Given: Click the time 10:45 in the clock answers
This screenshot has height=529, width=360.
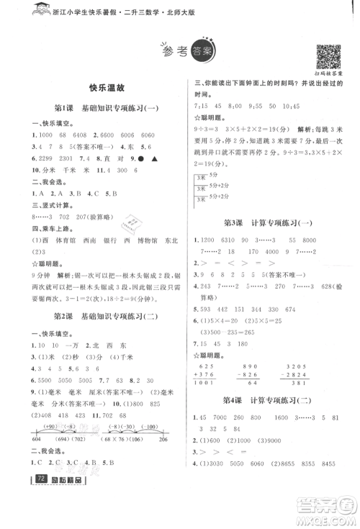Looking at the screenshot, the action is [x=320, y=105].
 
